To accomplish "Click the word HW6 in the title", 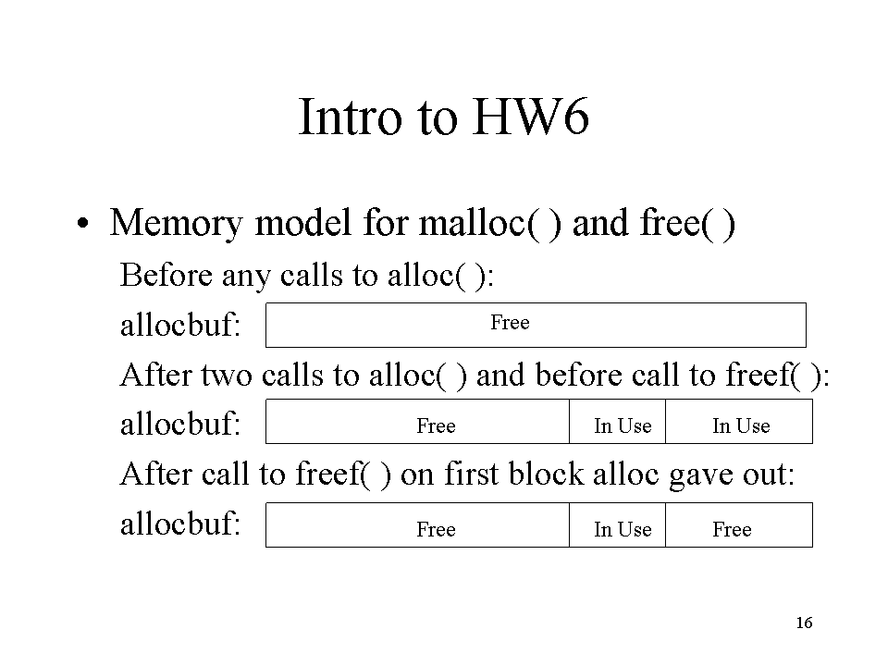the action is point(530,117).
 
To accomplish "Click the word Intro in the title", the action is point(350,117).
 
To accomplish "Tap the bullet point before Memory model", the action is point(83,223).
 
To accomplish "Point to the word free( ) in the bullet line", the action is point(687,222).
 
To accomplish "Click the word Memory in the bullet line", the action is point(176,223).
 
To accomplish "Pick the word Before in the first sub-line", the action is point(166,276).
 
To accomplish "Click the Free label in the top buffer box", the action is point(510,322).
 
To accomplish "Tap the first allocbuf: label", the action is point(180,325).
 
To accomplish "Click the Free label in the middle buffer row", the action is point(436,425).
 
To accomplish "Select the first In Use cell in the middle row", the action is point(617,422).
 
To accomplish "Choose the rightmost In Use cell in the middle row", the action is point(739,422).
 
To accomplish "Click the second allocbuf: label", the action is point(180,424).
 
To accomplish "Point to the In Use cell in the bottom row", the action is point(617,525).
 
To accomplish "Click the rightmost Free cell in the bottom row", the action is point(739,525).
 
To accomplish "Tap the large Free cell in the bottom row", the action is point(417,525).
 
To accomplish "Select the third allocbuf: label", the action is point(180,524).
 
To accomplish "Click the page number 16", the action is point(804,623).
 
